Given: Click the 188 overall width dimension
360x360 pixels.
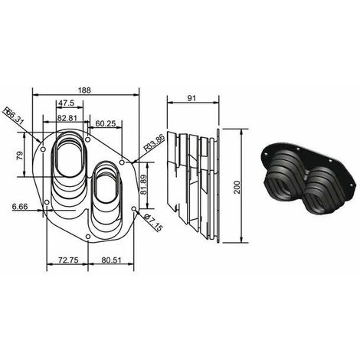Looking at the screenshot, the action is tap(84, 90).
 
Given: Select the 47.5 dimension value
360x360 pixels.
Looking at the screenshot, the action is tap(67, 103).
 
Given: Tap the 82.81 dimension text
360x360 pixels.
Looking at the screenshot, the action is tap(67, 118).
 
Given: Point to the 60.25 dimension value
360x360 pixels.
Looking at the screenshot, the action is tap(106, 123).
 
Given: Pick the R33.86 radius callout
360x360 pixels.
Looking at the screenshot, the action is tap(155, 143).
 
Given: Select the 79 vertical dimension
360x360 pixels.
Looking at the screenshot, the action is tap(20, 155).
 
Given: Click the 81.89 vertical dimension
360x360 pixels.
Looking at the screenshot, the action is tap(144, 185).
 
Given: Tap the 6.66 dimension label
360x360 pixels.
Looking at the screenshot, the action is tap(20, 206).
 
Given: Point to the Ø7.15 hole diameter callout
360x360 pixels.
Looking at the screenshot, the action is tap(152, 223).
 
